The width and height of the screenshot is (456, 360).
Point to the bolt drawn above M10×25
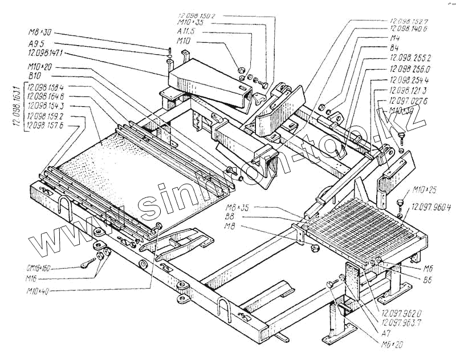(402, 201)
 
